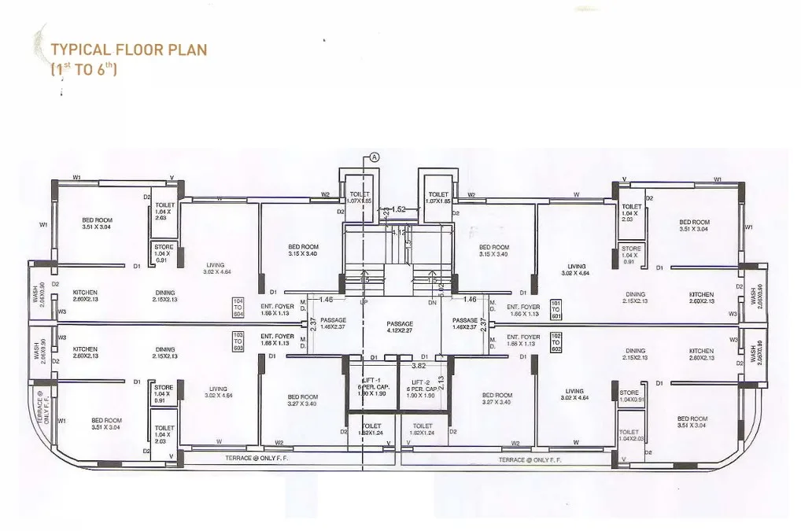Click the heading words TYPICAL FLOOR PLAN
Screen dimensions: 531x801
pos(128,50)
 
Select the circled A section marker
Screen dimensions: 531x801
pos(375,157)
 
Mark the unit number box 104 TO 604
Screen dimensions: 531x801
pos(238,307)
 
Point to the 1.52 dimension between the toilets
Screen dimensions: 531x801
pos(399,209)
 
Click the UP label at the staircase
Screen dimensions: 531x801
pos(364,303)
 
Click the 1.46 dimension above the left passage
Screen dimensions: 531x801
pos(327,301)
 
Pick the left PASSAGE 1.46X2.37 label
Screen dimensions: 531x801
pos(333,323)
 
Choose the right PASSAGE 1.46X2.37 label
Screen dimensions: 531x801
pos(465,323)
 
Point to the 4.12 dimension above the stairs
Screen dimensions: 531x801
pos(400,233)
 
